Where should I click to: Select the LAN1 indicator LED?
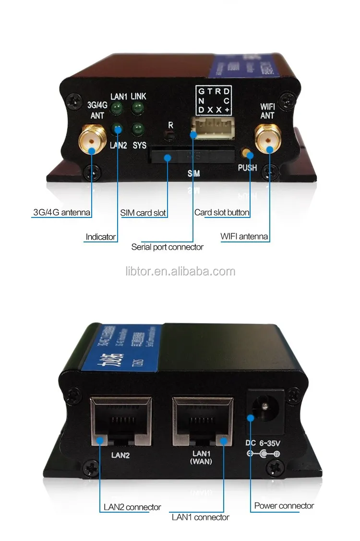click(117, 109)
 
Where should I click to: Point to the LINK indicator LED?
click(138, 108)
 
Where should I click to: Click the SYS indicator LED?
click(138, 129)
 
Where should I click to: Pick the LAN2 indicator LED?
click(117, 129)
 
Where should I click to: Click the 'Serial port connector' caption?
click(168, 247)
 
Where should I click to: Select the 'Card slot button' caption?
click(222, 212)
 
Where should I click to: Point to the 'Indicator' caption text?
click(100, 237)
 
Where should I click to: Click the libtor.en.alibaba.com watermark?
click(180, 272)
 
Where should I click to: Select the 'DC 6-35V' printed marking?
click(263, 445)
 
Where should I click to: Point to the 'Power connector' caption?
click(284, 505)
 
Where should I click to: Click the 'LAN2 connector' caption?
click(132, 507)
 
